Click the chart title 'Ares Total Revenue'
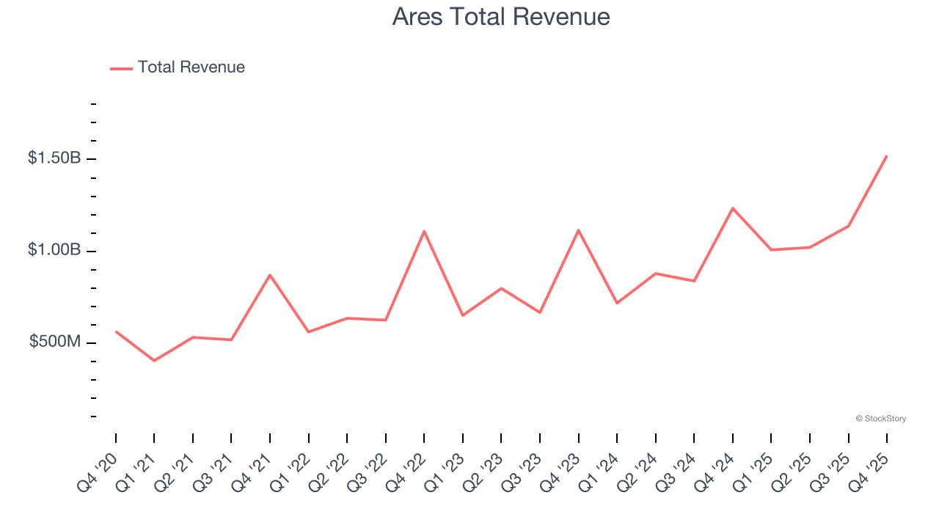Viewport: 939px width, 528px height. (501, 16)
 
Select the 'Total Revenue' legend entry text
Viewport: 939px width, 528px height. (191, 67)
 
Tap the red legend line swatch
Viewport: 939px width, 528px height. (121, 68)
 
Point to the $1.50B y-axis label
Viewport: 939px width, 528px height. (54, 158)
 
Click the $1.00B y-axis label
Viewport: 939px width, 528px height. (54, 250)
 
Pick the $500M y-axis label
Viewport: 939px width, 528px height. (55, 342)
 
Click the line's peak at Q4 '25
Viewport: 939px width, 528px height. (887, 155)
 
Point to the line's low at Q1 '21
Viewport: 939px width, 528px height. (154, 361)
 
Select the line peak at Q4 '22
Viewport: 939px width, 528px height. (424, 231)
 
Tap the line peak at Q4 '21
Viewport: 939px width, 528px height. (270, 275)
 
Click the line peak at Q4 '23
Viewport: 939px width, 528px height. (579, 230)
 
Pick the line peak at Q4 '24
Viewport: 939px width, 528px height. (733, 208)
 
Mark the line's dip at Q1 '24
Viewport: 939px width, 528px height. (617, 303)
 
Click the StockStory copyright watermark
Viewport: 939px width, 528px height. (880, 419)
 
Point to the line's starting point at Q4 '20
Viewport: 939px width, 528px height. (116, 331)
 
